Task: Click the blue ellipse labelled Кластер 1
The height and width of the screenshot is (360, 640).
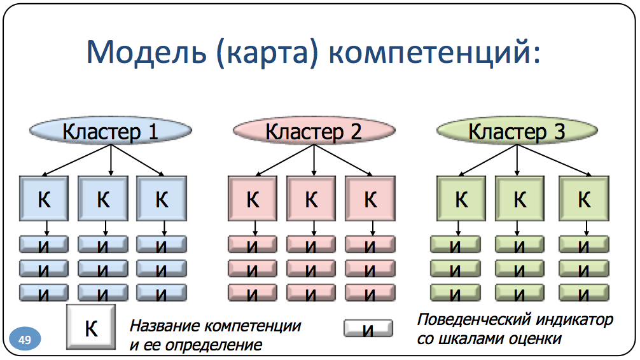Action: pos(110,132)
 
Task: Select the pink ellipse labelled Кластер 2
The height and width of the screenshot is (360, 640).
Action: pos(314,132)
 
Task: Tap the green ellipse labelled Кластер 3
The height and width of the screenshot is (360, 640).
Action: pos(517,132)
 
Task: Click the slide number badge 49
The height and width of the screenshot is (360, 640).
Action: pos(25,340)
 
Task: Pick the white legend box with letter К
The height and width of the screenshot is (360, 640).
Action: pos(91,328)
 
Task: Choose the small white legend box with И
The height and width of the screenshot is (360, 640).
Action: pos(368,329)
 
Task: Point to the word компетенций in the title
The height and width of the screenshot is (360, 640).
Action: pos(435,52)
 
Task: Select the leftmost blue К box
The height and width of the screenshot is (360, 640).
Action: pos(45,199)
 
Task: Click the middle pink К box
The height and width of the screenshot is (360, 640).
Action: pos(311,199)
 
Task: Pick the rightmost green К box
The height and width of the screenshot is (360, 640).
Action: pos(584,199)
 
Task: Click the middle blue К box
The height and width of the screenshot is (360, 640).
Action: pos(103,199)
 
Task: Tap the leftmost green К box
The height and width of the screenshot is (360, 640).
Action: pos(461,199)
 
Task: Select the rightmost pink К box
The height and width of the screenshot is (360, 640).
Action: pos(370,199)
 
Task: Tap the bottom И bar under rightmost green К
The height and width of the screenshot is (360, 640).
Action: pos(584,293)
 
